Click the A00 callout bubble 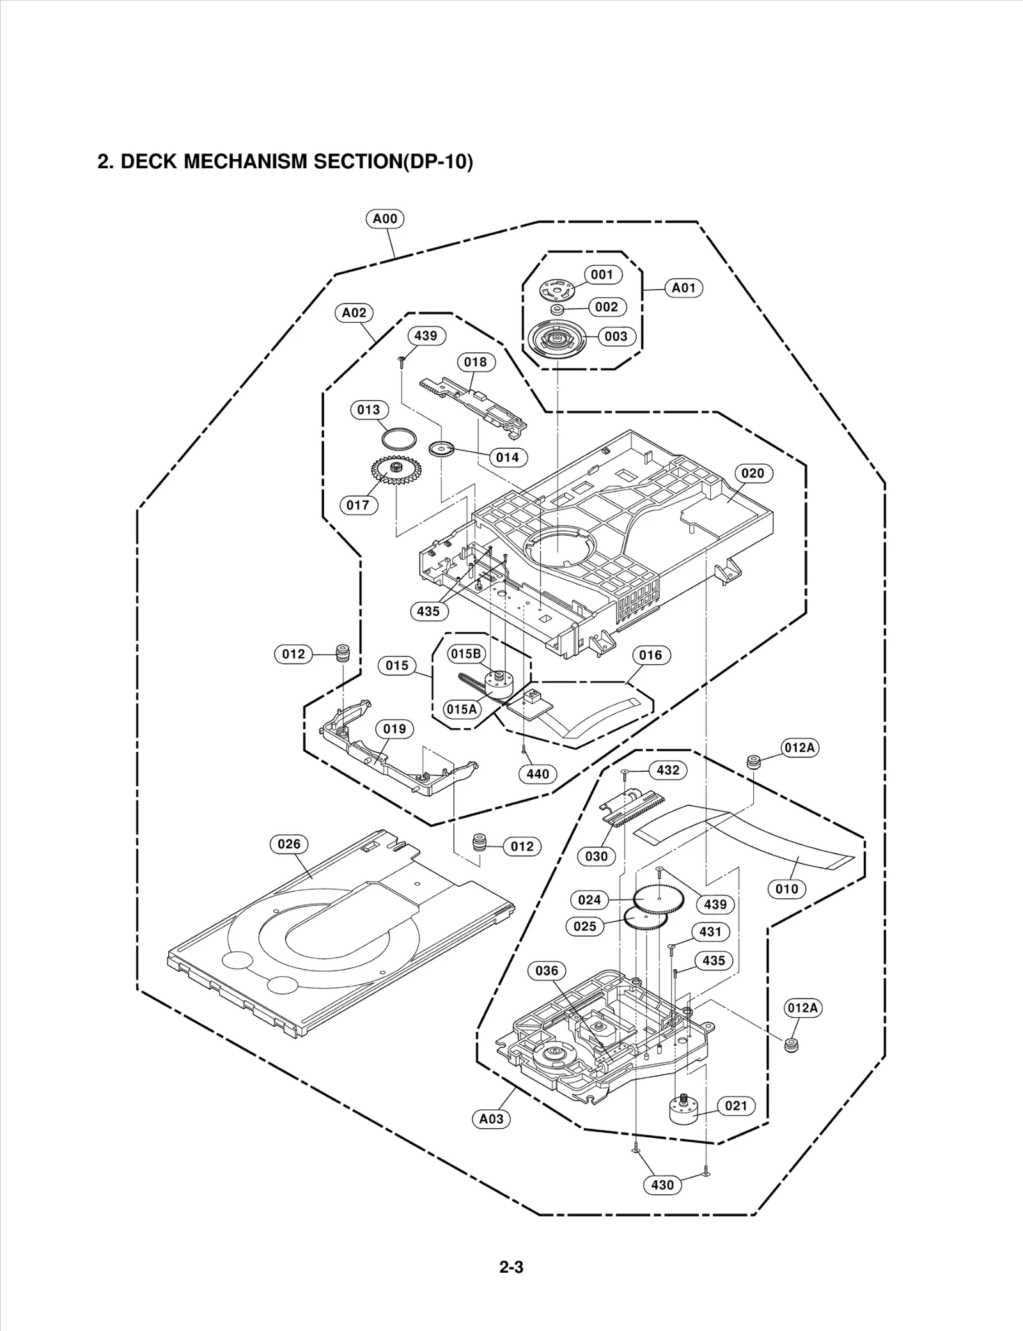(385, 219)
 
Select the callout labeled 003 (616, 336)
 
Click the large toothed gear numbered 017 (393, 474)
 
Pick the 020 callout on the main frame (753, 473)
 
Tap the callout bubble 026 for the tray (289, 844)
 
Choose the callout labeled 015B (465, 653)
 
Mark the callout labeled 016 (650, 655)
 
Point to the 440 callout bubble (538, 774)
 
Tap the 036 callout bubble (547, 970)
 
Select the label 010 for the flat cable (786, 889)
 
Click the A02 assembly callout (354, 313)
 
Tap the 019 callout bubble (394, 729)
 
